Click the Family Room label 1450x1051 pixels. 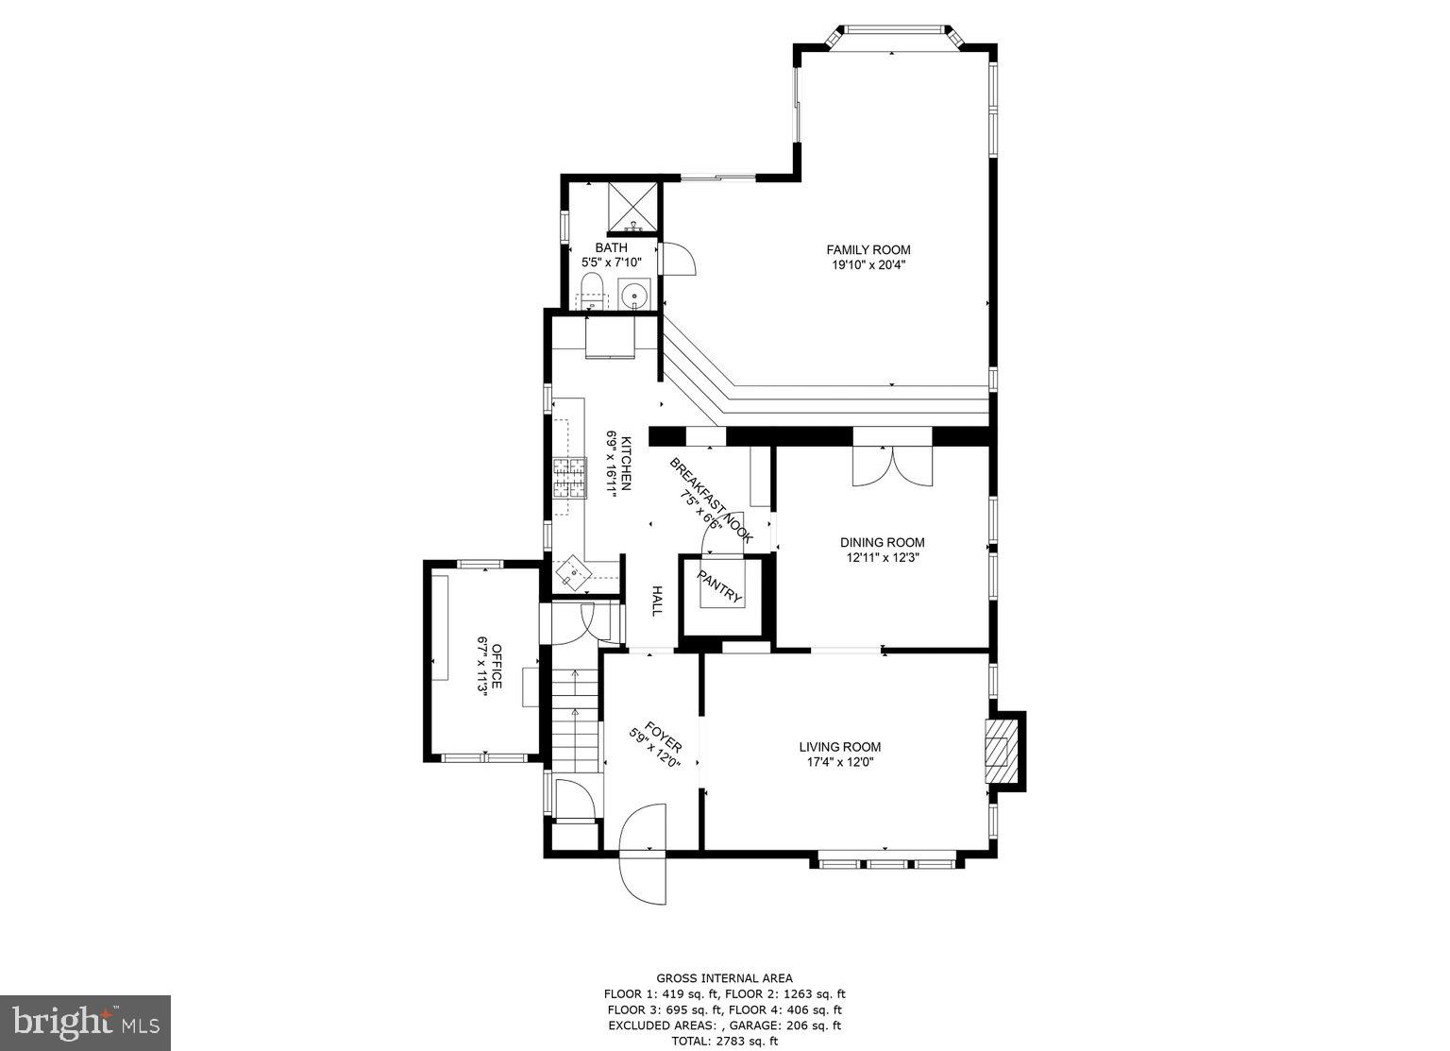868,249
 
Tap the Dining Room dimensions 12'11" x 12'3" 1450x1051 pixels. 882,558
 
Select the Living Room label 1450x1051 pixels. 843,747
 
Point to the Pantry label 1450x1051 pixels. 720,587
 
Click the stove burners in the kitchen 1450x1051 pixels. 568,477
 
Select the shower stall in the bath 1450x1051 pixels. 632,207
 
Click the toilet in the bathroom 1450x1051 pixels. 592,292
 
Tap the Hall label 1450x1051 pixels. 656,602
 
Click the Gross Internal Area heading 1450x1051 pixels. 724,978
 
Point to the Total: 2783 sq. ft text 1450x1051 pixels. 724,1041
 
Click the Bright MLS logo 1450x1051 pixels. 85,1023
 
